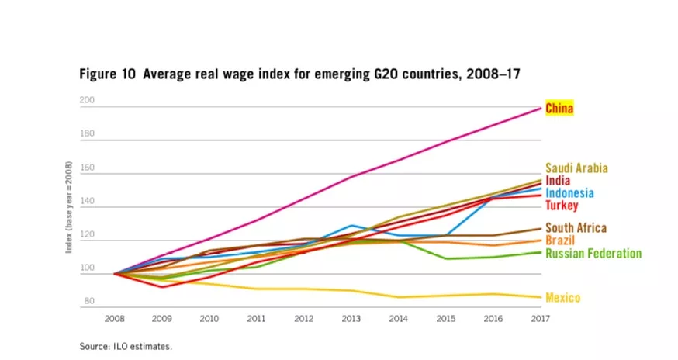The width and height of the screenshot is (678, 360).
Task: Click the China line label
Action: [x=559, y=108]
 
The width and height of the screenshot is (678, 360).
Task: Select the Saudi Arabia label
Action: [x=576, y=168]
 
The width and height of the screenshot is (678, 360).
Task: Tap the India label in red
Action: [x=558, y=181]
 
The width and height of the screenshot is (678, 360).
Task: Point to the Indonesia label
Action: [x=570, y=193]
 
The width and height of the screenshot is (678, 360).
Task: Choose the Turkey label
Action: [x=561, y=206]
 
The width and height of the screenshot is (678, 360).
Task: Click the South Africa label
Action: [x=576, y=228]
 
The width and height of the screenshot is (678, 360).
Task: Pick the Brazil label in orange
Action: [x=559, y=241]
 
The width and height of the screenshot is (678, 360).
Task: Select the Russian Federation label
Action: [x=593, y=254]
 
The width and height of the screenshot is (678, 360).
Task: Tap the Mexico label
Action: [x=562, y=298]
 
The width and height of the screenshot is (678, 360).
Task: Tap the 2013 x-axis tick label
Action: [x=351, y=319]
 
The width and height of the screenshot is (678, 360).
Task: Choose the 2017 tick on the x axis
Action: [x=541, y=319]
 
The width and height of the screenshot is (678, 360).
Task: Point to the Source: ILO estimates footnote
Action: [x=125, y=346]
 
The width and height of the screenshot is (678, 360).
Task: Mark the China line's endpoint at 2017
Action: [x=541, y=108]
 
